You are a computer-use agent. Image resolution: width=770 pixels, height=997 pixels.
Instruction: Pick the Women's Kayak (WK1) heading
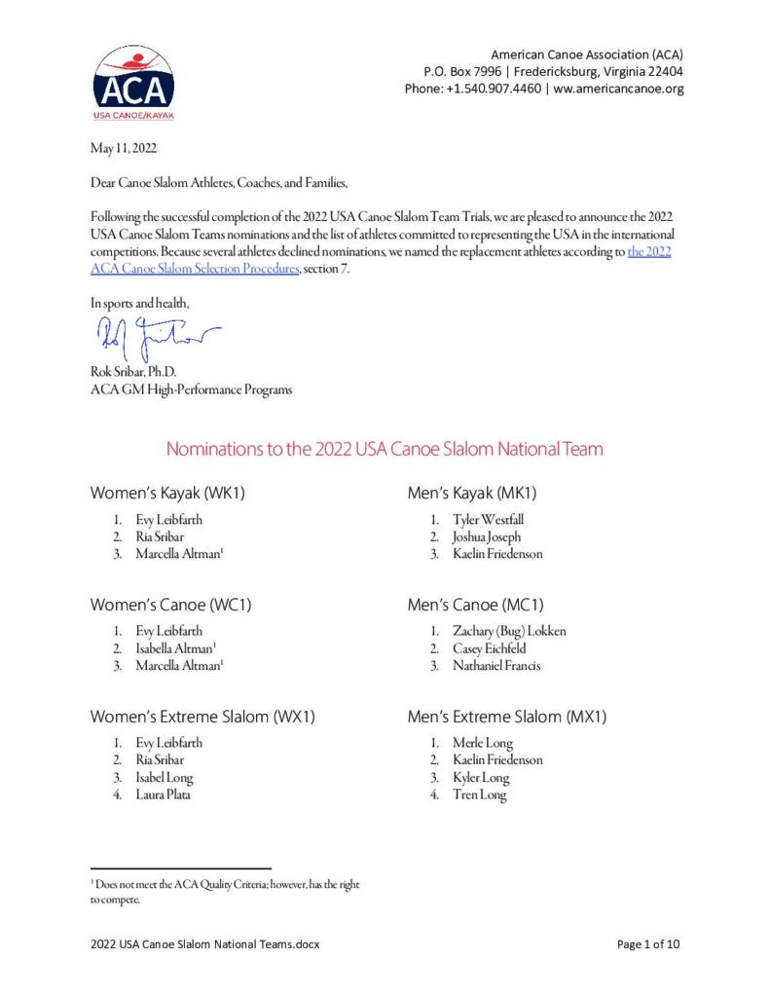point(167,493)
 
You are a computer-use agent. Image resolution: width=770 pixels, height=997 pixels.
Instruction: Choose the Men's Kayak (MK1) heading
point(472,493)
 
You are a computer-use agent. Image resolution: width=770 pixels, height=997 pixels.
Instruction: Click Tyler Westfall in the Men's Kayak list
point(488,519)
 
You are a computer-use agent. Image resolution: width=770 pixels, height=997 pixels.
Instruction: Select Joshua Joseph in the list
point(486,536)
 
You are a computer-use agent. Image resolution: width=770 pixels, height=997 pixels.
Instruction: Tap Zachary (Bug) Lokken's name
point(508,630)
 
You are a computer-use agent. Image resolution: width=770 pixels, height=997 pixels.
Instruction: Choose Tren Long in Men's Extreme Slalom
point(479,794)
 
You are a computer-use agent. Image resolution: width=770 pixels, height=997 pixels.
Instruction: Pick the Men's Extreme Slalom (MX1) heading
point(506,717)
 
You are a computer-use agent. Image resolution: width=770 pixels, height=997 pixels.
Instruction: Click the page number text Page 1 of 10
point(649,943)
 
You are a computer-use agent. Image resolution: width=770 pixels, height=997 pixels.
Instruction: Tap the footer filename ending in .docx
point(205,943)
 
